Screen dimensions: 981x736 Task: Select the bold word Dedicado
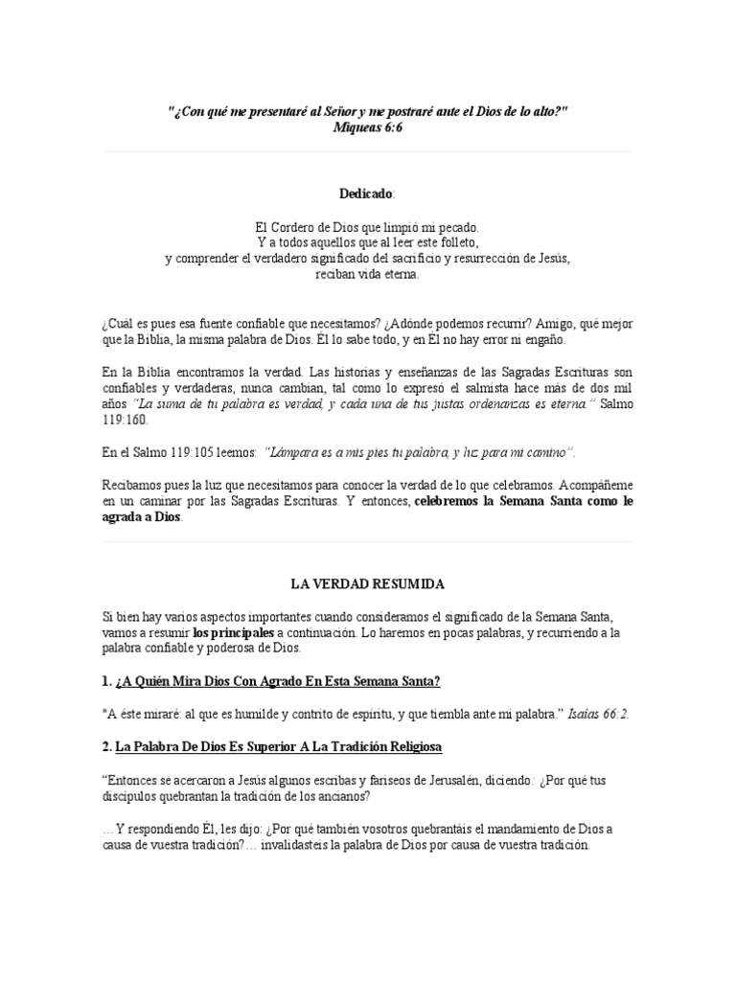(365, 194)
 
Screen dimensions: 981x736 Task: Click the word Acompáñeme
(596, 485)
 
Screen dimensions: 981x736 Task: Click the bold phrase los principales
(233, 632)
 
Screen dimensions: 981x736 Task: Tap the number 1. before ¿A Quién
(106, 681)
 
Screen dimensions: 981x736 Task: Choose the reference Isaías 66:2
(599, 714)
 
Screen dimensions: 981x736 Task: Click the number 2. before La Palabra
(106, 745)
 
